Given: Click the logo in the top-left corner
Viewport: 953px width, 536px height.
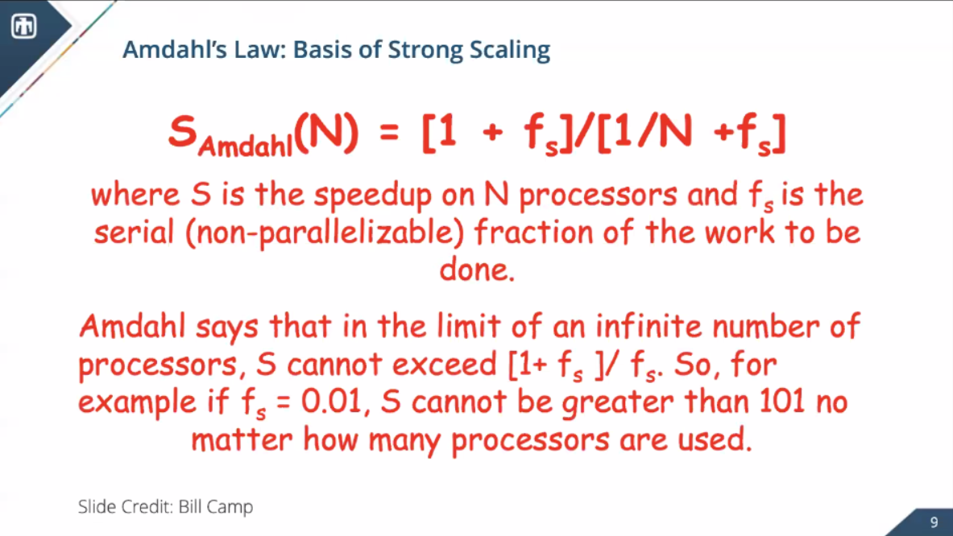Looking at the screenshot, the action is click(x=23, y=26).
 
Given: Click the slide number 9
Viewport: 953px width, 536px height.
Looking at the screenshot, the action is click(x=934, y=522).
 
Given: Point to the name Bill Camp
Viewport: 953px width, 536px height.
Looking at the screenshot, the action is click(x=216, y=507).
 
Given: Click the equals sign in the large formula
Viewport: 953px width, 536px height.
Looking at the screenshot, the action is click(x=389, y=133).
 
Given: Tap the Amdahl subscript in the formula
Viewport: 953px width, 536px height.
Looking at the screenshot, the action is click(x=246, y=146).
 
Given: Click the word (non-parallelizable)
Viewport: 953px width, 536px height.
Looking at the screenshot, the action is click(x=325, y=233).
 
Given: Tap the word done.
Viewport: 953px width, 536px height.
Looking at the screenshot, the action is click(x=477, y=270).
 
